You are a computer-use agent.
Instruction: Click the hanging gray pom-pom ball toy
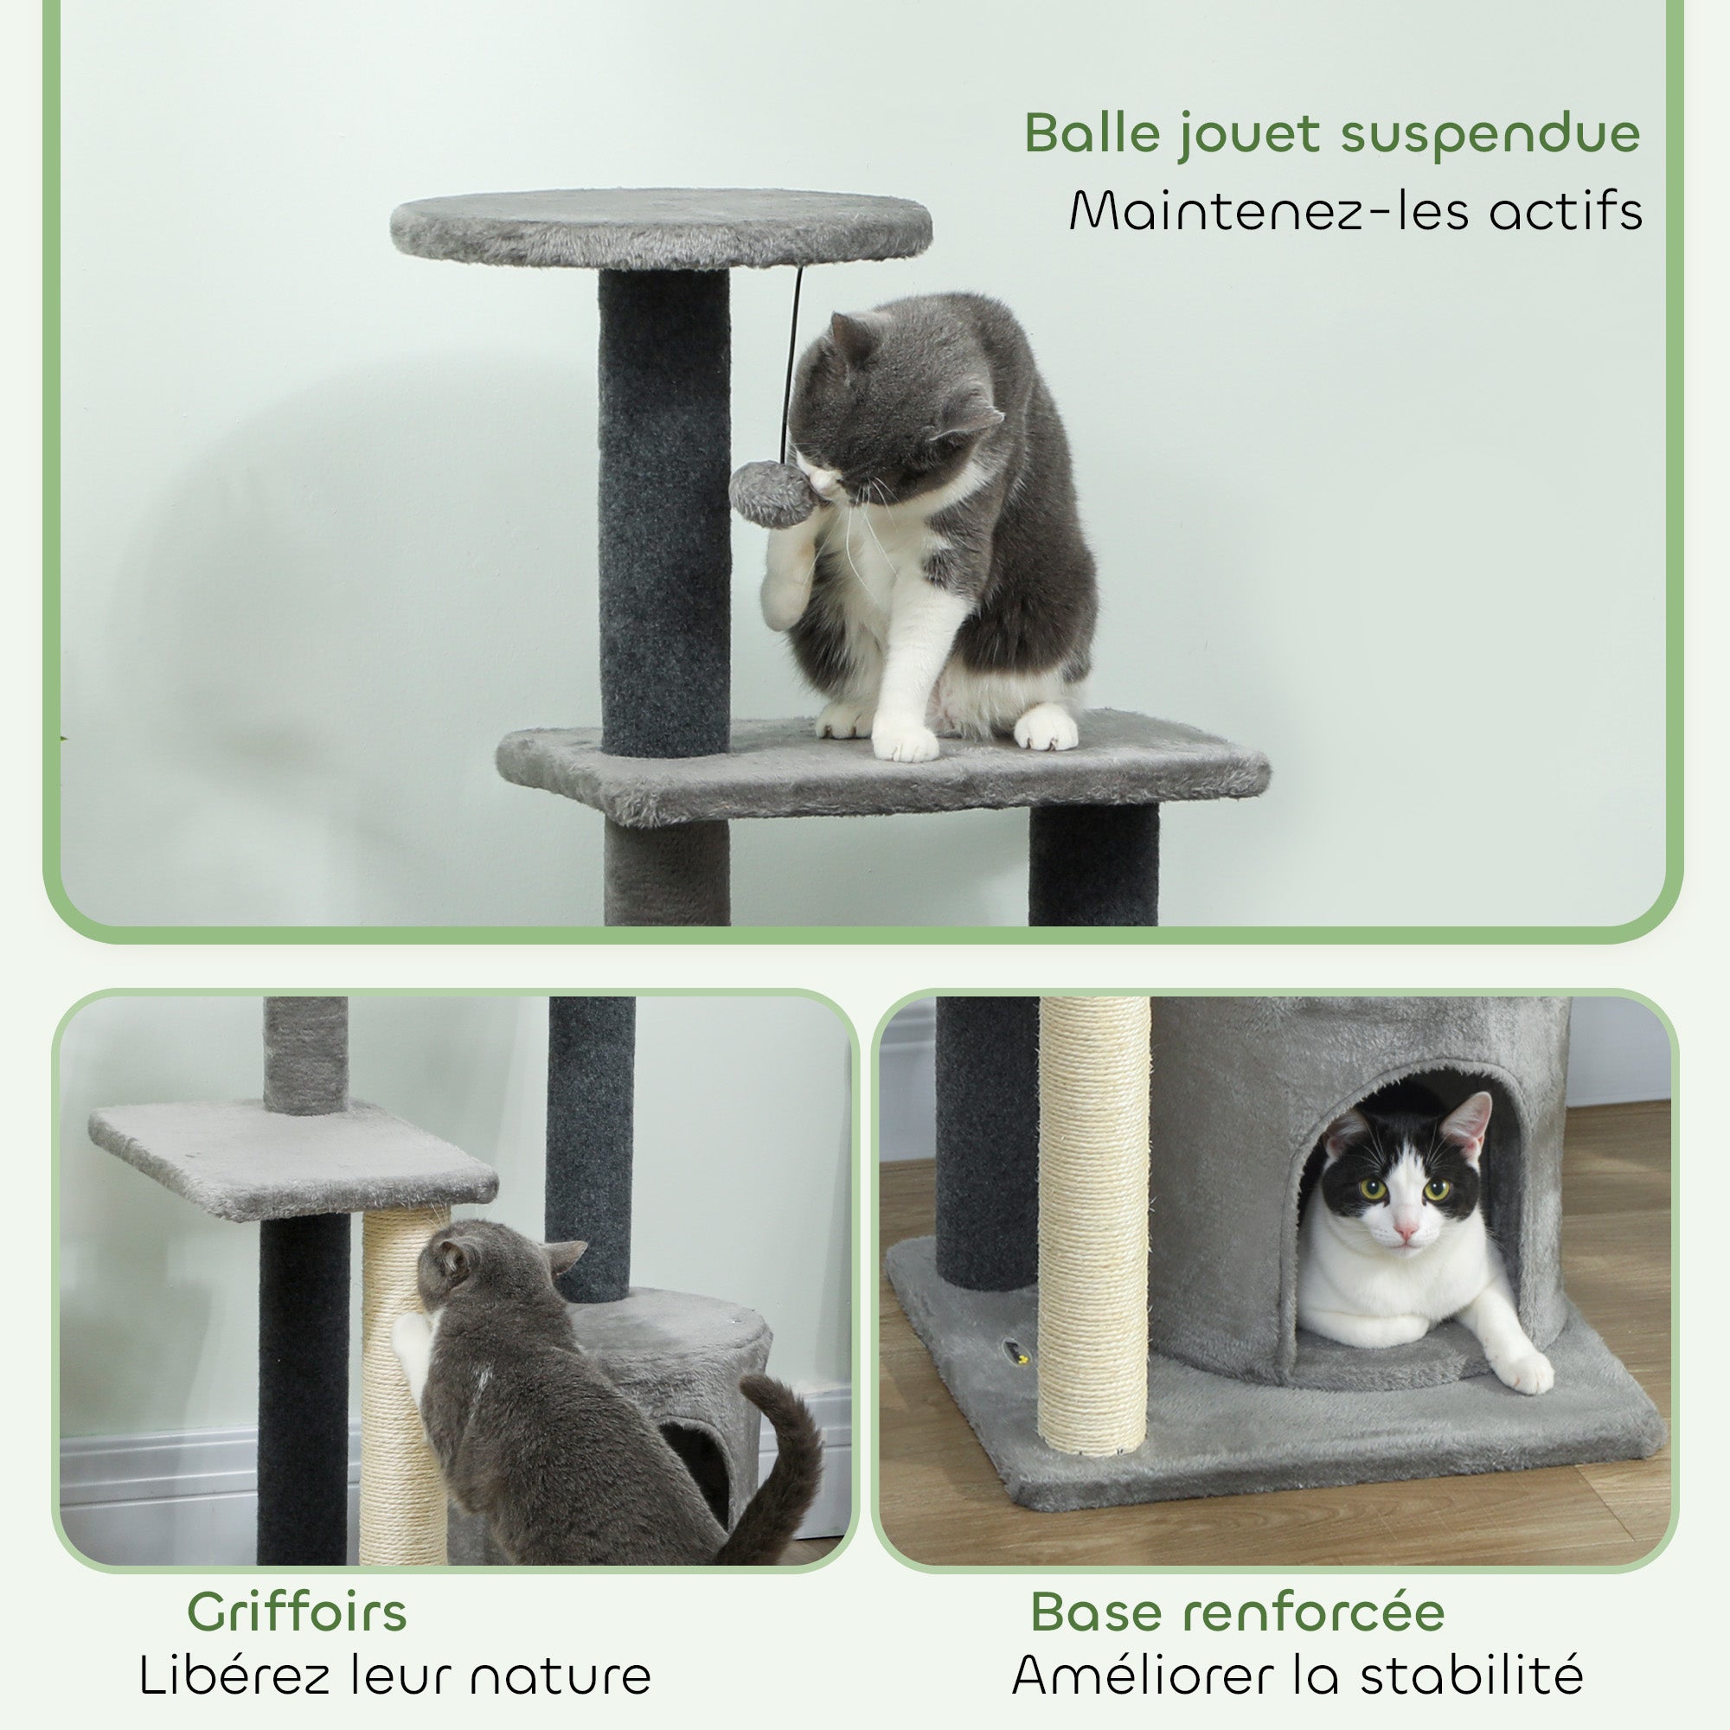coord(771,494)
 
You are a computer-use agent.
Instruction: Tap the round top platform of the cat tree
coord(661,227)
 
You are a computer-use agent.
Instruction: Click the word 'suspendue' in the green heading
coord(1490,134)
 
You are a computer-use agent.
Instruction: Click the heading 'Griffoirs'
coord(297,1612)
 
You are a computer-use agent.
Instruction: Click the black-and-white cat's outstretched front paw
coord(1526,1371)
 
